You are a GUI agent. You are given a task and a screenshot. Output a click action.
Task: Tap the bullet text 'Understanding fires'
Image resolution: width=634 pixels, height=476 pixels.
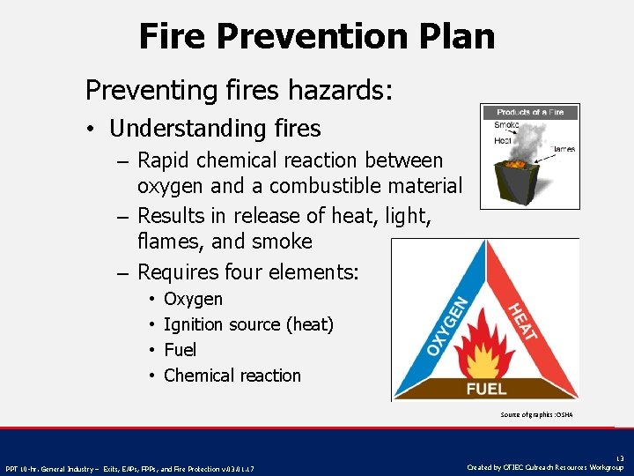[215, 129]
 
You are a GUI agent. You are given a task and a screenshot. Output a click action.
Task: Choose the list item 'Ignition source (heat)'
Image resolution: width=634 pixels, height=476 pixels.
[248, 324]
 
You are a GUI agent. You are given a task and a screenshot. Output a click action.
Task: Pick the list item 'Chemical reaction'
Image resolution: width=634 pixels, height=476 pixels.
[232, 376]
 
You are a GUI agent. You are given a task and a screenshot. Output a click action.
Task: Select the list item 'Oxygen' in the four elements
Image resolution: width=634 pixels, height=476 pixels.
[193, 300]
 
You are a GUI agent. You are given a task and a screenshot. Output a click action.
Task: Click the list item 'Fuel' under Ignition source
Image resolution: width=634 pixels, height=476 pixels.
[180, 350]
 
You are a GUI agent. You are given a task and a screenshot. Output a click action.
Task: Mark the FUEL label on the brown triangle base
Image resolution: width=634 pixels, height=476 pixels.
[486, 388]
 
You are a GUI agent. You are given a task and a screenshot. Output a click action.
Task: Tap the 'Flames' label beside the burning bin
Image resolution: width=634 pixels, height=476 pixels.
[564, 149]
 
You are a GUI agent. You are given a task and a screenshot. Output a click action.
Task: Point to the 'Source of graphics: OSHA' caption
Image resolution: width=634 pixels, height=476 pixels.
[535, 414]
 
